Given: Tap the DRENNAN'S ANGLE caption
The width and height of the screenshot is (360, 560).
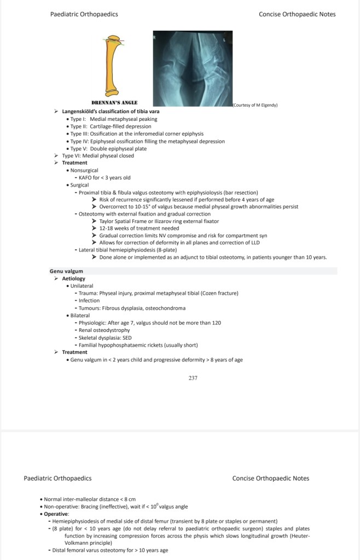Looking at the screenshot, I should tap(114, 102).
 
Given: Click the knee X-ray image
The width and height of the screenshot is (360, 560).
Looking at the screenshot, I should tap(191, 68).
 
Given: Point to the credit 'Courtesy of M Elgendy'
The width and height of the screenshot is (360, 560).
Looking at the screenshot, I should tap(255, 104).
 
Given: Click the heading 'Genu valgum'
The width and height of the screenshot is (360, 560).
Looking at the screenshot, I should tap(66, 271).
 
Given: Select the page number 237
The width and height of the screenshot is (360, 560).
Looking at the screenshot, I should tap(193, 377).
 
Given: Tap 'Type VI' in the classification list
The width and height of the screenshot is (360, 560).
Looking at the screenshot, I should tap(71, 155).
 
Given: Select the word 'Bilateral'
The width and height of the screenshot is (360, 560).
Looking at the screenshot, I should tap(80, 316).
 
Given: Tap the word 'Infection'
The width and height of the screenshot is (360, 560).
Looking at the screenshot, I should tap(89, 300).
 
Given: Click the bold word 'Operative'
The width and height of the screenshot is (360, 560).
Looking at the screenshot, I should tap(56, 514).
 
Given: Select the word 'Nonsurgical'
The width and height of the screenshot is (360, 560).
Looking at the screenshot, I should tap(84, 170).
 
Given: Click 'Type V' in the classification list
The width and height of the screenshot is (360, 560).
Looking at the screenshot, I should tap(78, 148).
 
